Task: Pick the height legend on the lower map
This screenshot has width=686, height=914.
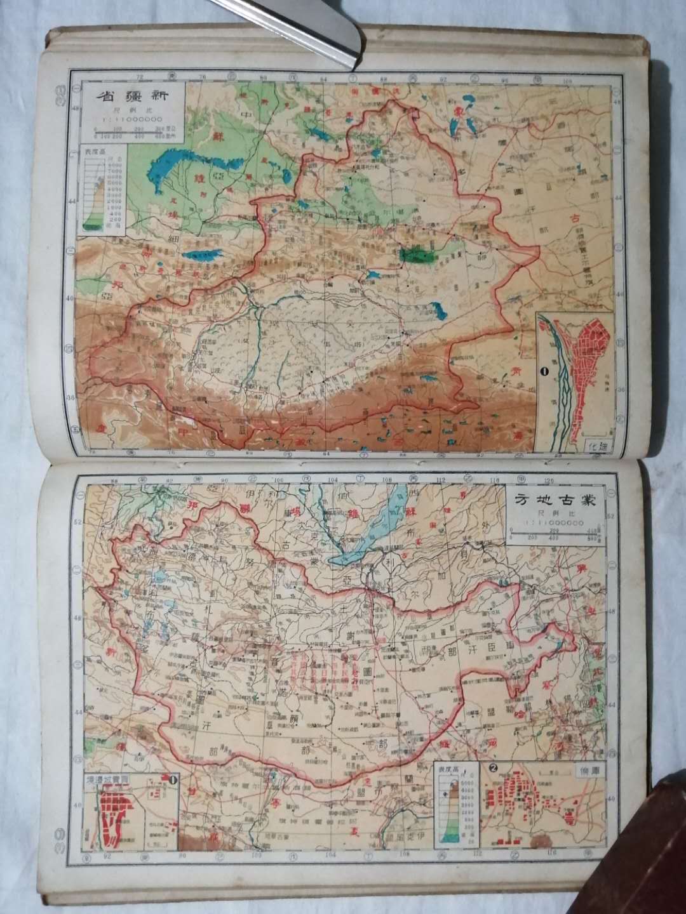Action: click(x=454, y=807)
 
